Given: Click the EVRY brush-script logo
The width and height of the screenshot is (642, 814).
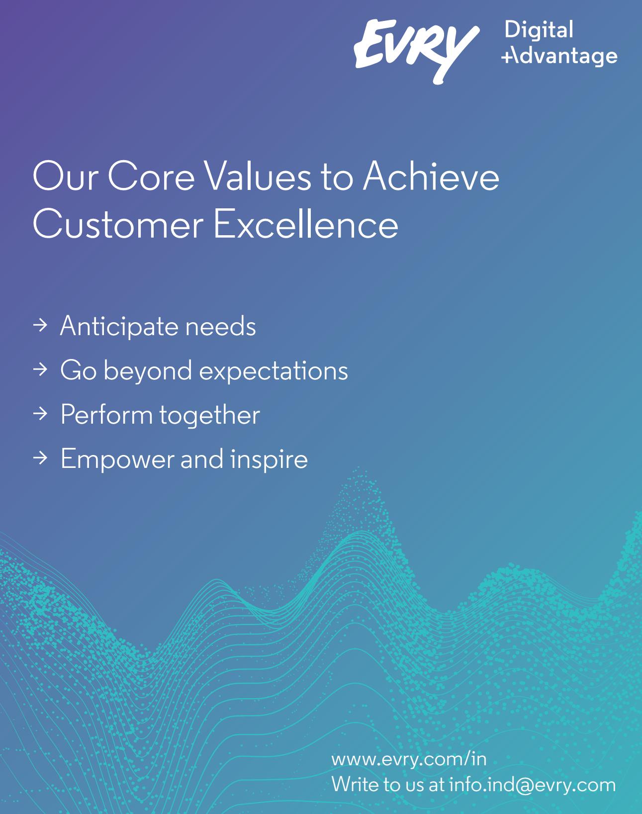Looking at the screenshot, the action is click(416, 51).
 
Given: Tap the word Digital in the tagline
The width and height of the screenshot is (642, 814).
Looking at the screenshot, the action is click(539, 29).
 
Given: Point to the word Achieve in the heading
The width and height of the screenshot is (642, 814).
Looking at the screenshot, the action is click(431, 176).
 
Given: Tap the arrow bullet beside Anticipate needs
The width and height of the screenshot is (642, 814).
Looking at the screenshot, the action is click(40, 325).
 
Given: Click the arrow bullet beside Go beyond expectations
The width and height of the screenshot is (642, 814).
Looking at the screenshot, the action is click(40, 369).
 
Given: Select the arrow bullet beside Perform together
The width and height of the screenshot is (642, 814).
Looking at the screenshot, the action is click(40, 414).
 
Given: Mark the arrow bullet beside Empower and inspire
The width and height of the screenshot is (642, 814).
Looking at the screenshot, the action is click(40, 458).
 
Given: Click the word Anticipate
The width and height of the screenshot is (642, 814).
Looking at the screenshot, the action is click(119, 326).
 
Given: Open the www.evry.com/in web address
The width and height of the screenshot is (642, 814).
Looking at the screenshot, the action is click(409, 759).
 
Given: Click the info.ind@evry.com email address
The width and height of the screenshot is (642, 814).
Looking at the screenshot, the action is click(532, 784).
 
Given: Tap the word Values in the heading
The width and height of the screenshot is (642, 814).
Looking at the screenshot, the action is click(258, 176).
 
